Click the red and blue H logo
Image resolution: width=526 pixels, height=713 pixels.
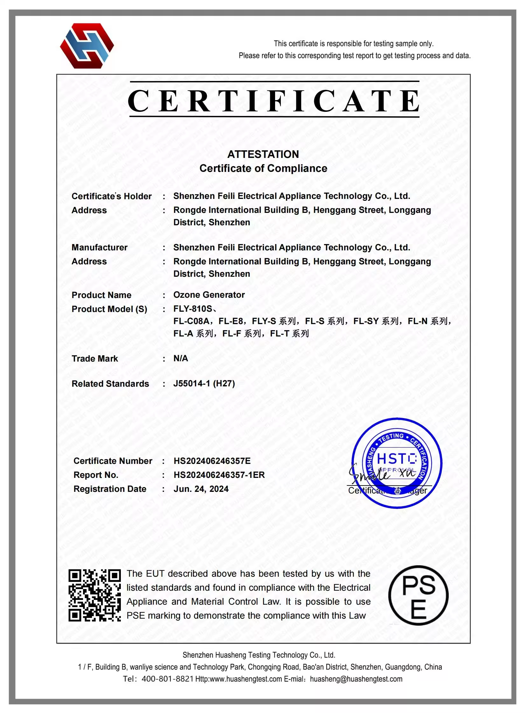click(x=87, y=46)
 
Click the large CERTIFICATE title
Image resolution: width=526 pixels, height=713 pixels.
click(x=274, y=101)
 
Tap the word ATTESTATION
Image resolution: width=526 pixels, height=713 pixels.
click(x=263, y=154)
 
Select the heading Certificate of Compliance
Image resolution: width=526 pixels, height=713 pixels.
click(x=263, y=168)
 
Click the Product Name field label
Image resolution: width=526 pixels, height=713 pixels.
click(x=101, y=295)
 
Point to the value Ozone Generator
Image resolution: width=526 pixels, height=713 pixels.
click(x=209, y=295)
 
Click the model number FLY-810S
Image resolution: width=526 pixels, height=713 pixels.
click(x=193, y=309)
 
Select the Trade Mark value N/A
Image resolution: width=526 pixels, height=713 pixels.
click(x=181, y=358)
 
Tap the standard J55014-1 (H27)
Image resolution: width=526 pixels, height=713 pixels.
click(x=204, y=384)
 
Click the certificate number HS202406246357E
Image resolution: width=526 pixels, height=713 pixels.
click(x=212, y=461)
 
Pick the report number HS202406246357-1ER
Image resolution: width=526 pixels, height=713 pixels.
click(x=219, y=475)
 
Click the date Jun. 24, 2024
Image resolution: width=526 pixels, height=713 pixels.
click(x=201, y=489)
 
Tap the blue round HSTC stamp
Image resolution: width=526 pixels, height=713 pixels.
click(x=397, y=463)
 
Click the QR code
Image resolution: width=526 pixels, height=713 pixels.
click(x=94, y=595)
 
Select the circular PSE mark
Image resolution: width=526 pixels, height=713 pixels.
click(x=418, y=595)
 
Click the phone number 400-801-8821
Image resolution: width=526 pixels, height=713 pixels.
click(x=168, y=679)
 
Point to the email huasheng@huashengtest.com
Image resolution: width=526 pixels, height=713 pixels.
click(x=356, y=679)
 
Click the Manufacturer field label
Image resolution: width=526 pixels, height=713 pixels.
click(x=99, y=247)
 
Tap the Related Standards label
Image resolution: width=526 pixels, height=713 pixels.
click(x=110, y=384)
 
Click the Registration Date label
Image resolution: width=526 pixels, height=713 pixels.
click(x=110, y=489)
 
